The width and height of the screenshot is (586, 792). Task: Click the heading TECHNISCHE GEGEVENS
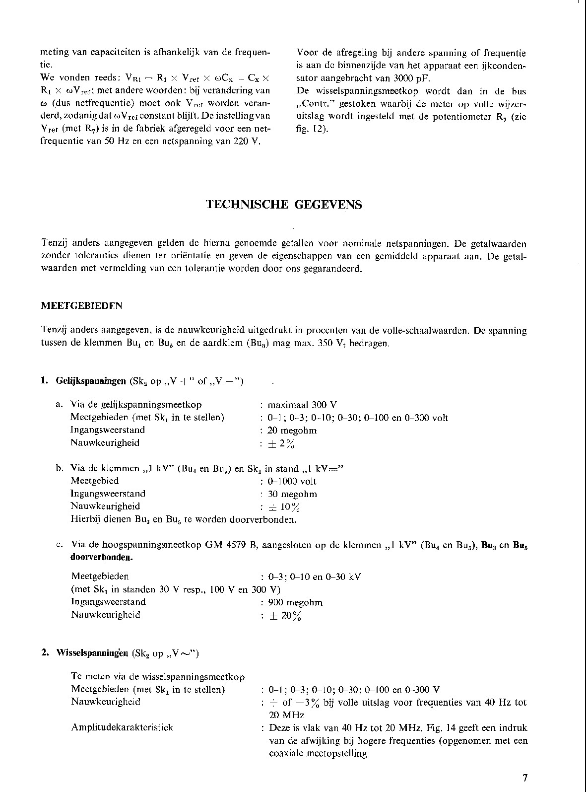(x=284, y=205)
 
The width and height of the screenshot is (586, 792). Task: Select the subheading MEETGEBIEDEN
(x=81, y=306)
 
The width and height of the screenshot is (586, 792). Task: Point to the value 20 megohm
(x=292, y=430)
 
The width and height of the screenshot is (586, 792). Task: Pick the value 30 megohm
(x=292, y=494)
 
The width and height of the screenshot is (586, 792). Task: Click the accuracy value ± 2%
(x=282, y=443)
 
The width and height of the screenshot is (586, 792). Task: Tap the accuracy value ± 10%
(x=284, y=507)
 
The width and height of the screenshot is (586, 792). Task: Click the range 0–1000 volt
(x=292, y=481)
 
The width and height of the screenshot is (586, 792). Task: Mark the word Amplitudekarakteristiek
(x=122, y=727)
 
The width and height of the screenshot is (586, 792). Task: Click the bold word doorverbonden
(x=102, y=557)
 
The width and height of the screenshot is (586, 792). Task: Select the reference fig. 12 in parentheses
(x=312, y=130)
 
